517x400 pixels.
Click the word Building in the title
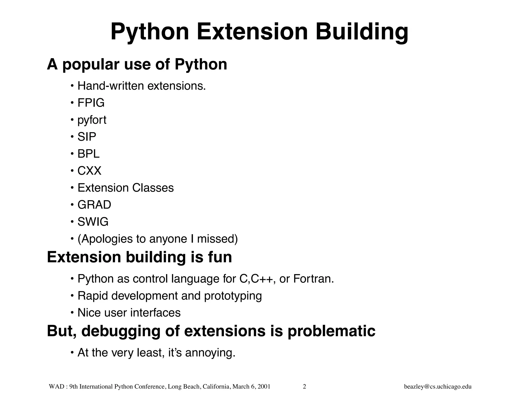coord(361,32)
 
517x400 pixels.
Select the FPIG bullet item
coord(91,103)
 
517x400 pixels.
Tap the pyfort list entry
coord(92,120)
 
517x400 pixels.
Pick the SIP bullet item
coord(87,137)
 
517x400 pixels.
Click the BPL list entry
coord(89,154)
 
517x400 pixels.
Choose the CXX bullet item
coord(89,171)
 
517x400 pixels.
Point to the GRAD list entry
coord(94,205)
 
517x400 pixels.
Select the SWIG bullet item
coord(93,222)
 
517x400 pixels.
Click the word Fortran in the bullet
coord(313,279)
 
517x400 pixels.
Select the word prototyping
coord(233,296)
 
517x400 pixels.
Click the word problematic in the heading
coord(331,331)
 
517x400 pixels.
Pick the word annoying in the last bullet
coord(210,353)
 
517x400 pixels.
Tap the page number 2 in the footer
coord(304,387)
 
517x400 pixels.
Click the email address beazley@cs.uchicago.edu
coord(438,387)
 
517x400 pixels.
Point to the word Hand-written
coord(111,86)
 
